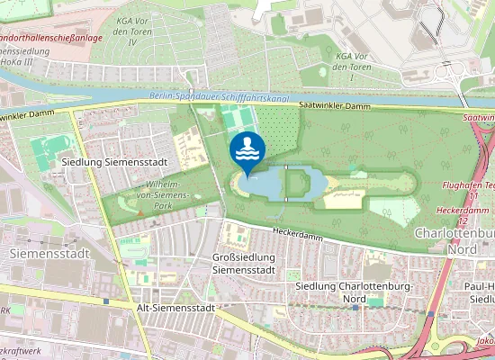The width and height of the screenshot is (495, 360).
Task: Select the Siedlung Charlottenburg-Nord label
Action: pos(354,292)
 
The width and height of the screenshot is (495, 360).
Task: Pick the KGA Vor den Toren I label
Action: pos(354,61)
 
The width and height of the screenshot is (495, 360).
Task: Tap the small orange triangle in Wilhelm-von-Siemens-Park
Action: pos(140,212)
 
